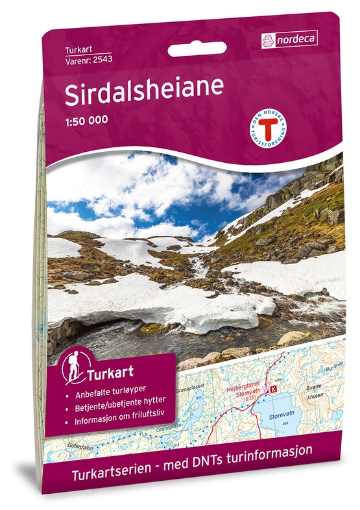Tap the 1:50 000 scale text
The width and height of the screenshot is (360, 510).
pyautogui.click(x=86, y=119)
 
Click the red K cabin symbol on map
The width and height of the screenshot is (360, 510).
pyautogui.click(x=272, y=389)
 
